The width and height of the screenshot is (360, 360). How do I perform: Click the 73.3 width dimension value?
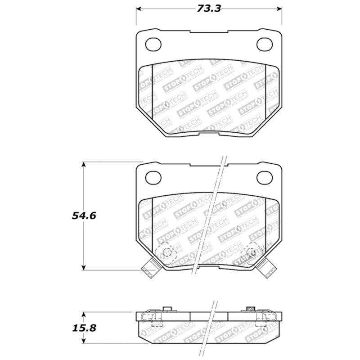[209, 8]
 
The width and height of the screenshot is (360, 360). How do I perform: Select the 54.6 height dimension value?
[83, 215]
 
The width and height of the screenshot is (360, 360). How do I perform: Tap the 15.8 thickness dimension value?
[83, 328]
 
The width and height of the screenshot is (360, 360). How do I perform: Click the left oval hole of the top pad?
[154, 44]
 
